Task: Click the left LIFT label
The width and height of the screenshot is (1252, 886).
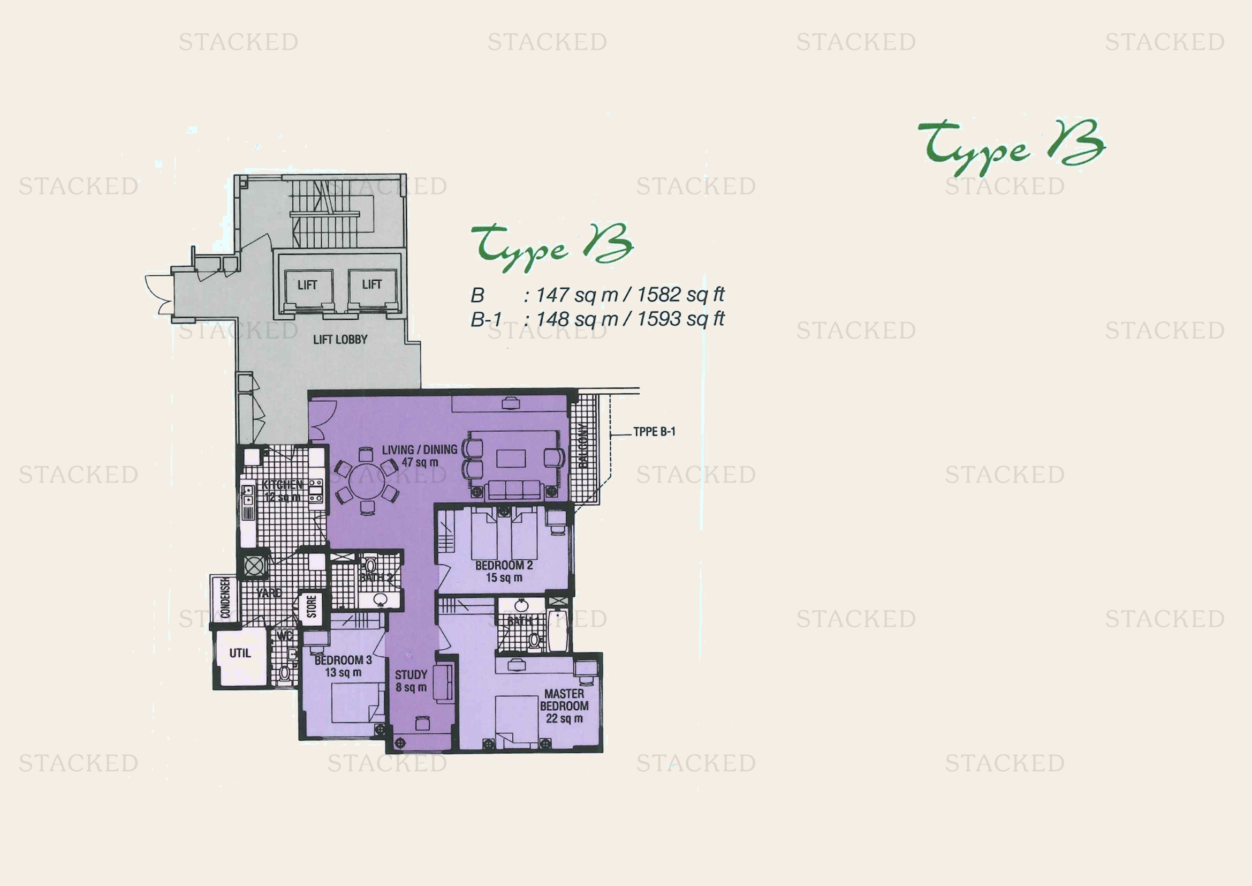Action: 307,285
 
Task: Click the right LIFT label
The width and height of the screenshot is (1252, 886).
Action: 371,284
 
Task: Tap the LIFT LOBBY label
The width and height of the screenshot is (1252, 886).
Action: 340,339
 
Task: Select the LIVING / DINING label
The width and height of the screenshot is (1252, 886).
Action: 419,449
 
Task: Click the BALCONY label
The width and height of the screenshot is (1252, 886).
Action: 583,446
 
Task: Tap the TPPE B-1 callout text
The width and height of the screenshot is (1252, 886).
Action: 654,432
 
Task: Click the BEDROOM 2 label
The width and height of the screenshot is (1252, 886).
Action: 503,565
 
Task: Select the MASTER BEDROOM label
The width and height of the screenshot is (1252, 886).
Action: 564,700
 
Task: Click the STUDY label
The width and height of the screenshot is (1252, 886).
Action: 411,675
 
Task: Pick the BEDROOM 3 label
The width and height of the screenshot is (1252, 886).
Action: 343,659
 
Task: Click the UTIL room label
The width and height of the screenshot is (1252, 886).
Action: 240,653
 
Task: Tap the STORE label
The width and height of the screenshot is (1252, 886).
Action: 312,606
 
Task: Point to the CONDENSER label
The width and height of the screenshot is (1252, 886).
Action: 225,598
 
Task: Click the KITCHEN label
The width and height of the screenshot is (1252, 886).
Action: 282,484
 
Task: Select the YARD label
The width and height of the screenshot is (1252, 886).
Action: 269,592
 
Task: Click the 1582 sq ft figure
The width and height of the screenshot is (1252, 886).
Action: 680,295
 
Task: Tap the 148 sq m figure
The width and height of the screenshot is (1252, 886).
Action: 577,319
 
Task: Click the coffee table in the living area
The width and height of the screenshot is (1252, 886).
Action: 511,459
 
